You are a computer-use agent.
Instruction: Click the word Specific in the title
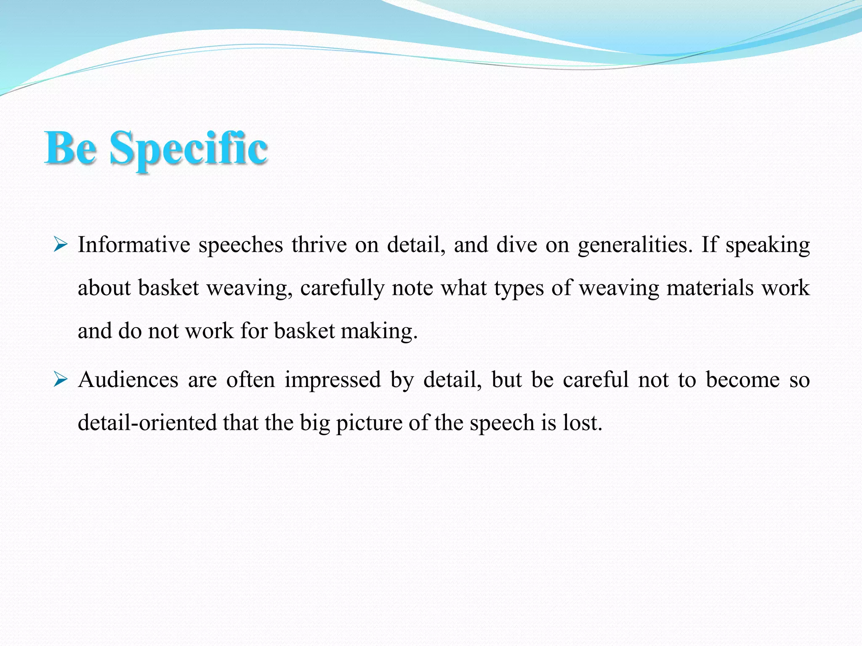(188, 148)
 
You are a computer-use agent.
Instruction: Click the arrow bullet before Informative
(61, 244)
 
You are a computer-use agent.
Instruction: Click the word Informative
(134, 245)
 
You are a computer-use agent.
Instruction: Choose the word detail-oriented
(147, 423)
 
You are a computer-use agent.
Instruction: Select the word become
(742, 380)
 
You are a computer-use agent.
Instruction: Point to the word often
(250, 380)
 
